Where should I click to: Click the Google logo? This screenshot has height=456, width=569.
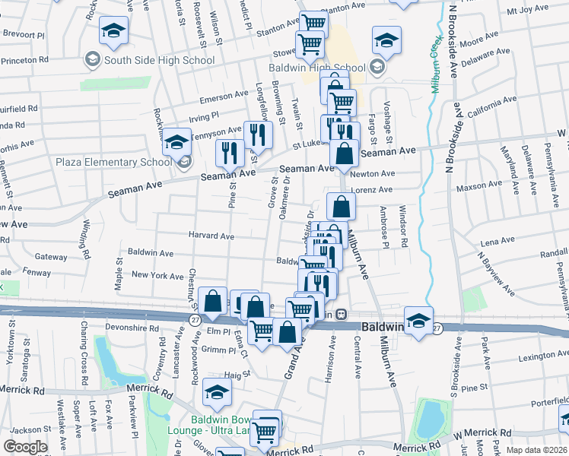[x=25, y=447]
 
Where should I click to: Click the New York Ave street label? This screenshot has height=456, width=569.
[x=157, y=276]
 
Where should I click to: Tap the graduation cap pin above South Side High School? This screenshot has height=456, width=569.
[x=113, y=31]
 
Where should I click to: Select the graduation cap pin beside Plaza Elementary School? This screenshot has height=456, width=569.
[x=176, y=142]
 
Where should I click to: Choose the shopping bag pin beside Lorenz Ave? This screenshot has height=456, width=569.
[x=340, y=205]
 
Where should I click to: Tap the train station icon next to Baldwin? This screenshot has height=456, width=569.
[x=342, y=314]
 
